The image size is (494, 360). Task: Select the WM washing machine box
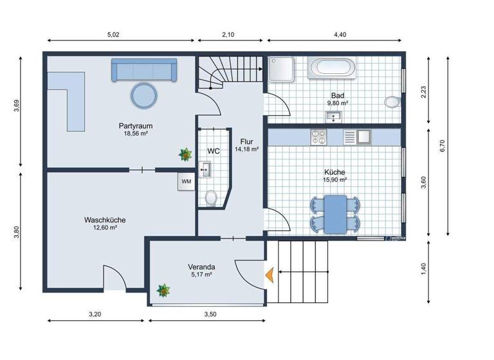click(187, 182)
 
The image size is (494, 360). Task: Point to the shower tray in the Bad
click(281, 69)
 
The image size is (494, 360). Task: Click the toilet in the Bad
click(391, 102)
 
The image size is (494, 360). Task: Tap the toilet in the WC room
click(210, 198)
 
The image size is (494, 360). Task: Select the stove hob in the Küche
click(318, 137)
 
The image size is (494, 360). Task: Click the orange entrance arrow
click(270, 274)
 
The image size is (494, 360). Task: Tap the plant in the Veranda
click(163, 291)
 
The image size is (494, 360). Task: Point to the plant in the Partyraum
click(186, 154)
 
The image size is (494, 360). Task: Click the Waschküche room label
click(105, 220)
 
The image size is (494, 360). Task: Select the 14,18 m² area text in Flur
click(246, 149)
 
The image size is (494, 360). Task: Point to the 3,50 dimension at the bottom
click(210, 314)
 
